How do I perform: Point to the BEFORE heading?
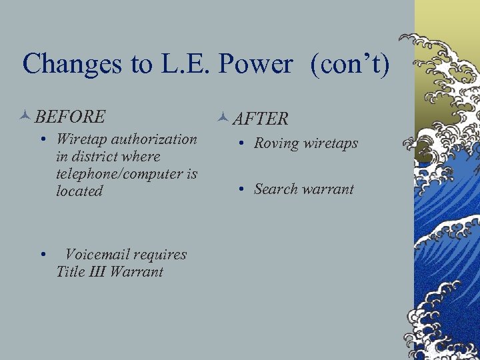click(70, 117)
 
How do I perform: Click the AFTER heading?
click(261, 119)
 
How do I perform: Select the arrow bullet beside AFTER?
click(223, 119)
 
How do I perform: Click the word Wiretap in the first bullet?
click(81, 139)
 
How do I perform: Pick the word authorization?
click(153, 139)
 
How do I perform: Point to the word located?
click(79, 191)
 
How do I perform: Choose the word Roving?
click(276, 143)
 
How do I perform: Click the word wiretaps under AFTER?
click(330, 144)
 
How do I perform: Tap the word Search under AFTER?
click(275, 189)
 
